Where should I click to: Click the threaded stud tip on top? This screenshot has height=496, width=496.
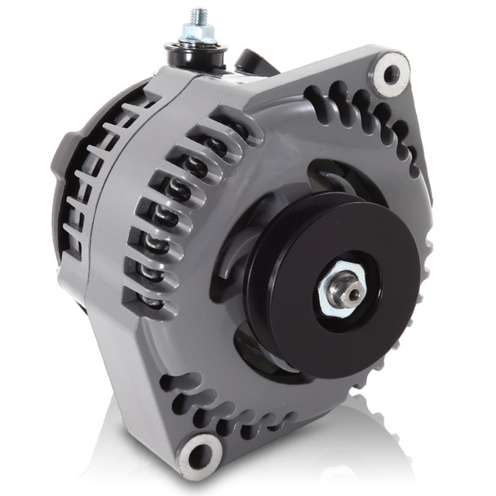[198, 15]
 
